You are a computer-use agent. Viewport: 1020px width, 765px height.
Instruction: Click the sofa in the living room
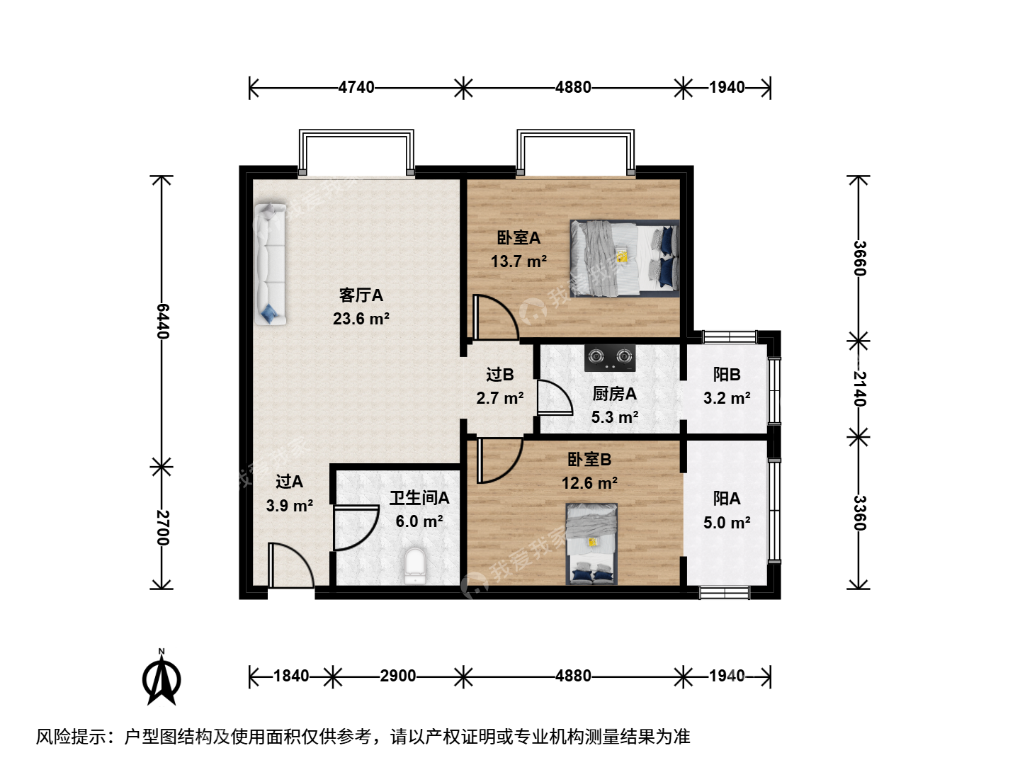click(270, 263)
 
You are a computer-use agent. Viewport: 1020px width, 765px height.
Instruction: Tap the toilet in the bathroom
click(414, 565)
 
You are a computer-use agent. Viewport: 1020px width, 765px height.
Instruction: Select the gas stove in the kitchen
click(610, 358)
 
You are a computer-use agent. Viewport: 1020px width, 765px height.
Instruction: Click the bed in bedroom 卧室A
click(625, 259)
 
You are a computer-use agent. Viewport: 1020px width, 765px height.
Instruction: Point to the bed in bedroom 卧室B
click(591, 544)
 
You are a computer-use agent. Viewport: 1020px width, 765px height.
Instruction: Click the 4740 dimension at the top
click(356, 87)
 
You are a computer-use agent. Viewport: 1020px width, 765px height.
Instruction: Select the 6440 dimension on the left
click(162, 322)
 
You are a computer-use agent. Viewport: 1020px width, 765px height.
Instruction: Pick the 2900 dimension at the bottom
click(398, 676)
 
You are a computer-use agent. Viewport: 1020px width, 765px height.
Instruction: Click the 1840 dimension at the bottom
click(291, 676)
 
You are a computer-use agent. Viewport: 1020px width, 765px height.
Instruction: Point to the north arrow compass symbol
click(161, 678)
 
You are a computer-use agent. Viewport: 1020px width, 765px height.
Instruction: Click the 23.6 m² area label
click(361, 319)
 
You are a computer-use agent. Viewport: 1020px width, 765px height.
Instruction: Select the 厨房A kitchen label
click(614, 394)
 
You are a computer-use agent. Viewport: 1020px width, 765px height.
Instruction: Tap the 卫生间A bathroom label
click(419, 498)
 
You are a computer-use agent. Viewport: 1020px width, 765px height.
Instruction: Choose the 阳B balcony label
click(727, 375)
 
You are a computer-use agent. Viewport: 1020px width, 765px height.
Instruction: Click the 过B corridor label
click(500, 375)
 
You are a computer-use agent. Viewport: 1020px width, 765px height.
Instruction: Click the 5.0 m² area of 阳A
click(727, 523)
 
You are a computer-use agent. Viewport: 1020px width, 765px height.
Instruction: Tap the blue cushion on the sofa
click(268, 313)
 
